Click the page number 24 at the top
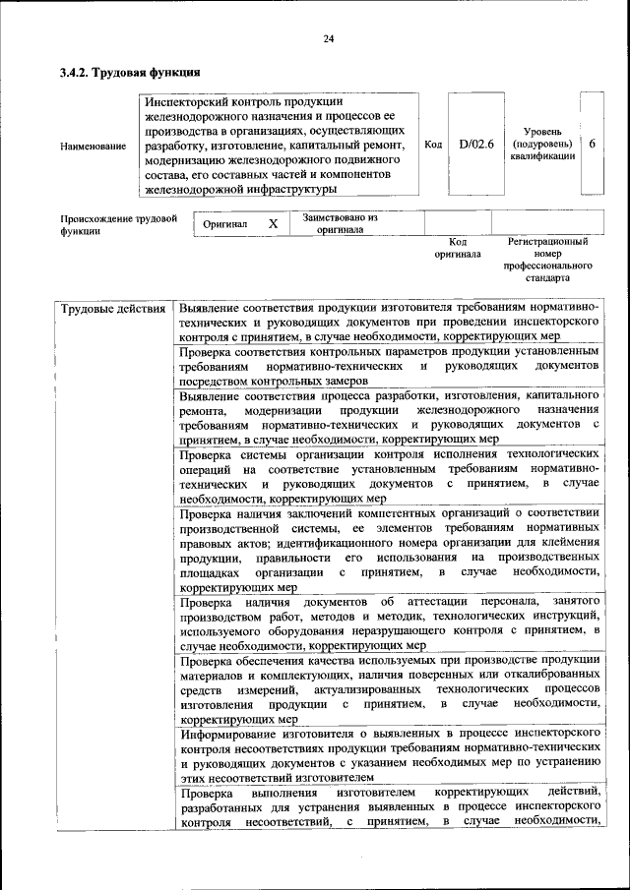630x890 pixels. [328, 38]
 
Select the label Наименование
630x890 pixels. [93, 147]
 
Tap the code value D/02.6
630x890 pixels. [476, 145]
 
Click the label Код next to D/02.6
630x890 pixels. [432, 145]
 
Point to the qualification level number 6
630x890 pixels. [592, 144]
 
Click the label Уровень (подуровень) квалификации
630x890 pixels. [542, 144]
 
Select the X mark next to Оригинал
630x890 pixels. [274, 224]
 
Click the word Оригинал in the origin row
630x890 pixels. [224, 224]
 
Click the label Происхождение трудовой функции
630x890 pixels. [118, 225]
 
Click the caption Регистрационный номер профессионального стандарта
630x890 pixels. [547, 260]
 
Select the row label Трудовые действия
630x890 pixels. [113, 309]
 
